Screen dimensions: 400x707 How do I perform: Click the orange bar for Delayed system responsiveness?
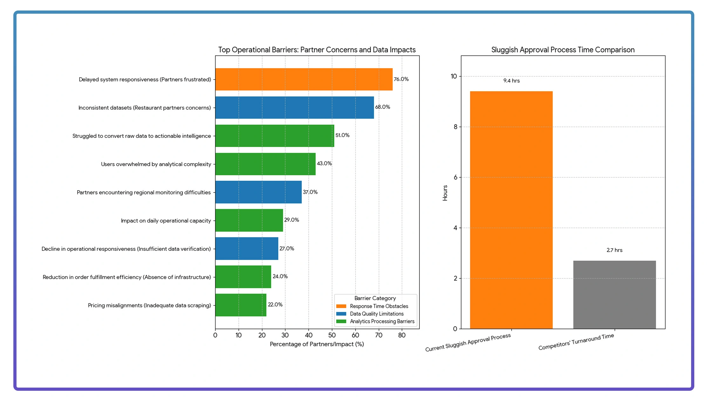tap(304, 79)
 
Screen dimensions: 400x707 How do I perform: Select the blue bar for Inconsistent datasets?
tap(295, 108)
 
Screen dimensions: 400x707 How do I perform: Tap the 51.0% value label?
tap(342, 135)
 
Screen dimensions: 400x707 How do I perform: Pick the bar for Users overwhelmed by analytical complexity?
tap(265, 164)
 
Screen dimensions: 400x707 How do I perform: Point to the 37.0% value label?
tap(310, 192)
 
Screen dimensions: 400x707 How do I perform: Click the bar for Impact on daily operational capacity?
tap(249, 220)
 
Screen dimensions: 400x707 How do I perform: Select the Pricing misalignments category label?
tap(149, 305)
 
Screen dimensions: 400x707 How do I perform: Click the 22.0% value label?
tap(275, 305)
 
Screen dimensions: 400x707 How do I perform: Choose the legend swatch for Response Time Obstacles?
tap(341, 306)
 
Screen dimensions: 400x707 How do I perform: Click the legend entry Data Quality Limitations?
tap(377, 314)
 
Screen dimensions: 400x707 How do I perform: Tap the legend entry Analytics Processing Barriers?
tap(382, 321)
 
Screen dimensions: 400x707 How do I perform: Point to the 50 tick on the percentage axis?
tap(332, 335)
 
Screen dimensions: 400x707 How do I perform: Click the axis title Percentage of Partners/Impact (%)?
tap(317, 344)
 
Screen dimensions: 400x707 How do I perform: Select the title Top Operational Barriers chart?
tap(317, 50)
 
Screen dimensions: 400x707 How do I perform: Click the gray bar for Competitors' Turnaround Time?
tap(614, 295)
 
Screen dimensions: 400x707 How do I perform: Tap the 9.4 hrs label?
tap(511, 81)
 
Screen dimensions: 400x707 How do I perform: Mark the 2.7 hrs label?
tap(614, 250)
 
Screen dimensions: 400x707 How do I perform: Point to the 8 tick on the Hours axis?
tap(455, 127)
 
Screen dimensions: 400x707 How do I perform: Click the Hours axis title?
tap(445, 193)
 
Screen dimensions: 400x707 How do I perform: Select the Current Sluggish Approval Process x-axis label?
tap(468, 343)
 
